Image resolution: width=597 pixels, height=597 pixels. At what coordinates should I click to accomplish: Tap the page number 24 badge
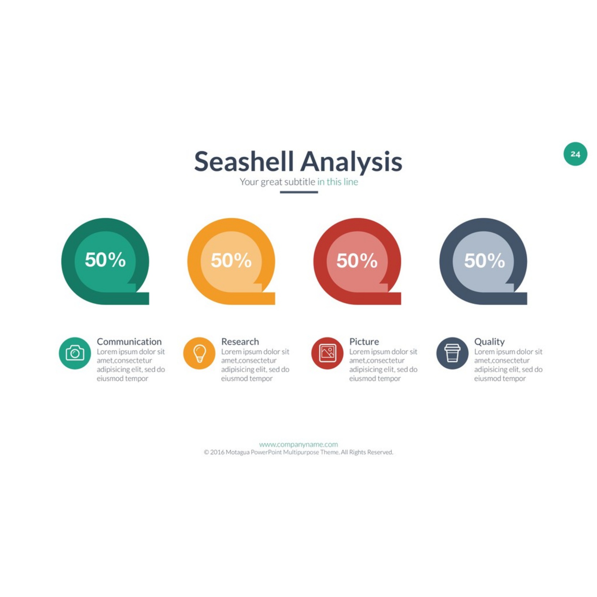tap(575, 154)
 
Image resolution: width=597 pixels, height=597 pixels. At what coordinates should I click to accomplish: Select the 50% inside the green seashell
tap(105, 260)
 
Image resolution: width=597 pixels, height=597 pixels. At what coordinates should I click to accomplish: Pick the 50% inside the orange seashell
tap(231, 260)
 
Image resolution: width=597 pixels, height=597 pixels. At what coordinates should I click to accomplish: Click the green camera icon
tap(75, 353)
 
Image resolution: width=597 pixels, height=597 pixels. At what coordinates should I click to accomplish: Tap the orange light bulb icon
tap(199, 353)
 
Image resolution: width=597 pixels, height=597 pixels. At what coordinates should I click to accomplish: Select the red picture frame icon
tap(327, 353)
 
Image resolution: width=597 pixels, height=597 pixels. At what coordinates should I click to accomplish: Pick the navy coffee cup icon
tap(453, 353)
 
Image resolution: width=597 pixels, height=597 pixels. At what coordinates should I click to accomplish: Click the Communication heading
tap(129, 341)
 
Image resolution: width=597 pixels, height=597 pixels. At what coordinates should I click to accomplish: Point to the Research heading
tap(240, 341)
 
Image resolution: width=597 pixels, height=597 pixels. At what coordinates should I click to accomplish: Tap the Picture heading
tap(364, 341)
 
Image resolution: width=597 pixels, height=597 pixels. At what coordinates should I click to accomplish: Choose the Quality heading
tap(490, 342)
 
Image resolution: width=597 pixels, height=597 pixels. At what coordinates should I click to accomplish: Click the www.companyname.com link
tap(298, 444)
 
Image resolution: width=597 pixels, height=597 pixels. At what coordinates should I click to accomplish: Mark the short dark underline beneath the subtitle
tap(299, 192)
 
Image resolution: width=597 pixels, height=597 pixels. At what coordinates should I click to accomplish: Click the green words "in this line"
tap(338, 182)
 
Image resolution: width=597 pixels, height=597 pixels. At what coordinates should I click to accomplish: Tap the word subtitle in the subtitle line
tap(300, 182)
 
